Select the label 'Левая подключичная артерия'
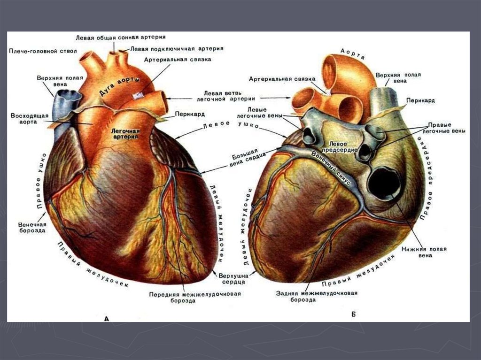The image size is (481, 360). click(x=176, y=48)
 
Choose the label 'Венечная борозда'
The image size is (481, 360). click(x=32, y=227)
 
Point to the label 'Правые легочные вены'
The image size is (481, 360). click(x=446, y=128)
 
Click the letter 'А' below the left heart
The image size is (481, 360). click(x=106, y=319)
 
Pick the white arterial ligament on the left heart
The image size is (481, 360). click(x=138, y=96)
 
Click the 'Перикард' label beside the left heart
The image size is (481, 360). click(x=189, y=114)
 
